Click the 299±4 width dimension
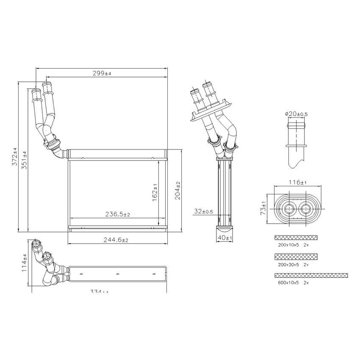point(102,73)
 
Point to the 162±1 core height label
point(155,191)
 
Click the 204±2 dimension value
point(178,190)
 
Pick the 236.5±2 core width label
point(117,214)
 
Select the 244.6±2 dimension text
point(116,239)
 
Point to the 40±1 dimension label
point(225,238)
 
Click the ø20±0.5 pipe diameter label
point(296,114)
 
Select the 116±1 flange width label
point(297,183)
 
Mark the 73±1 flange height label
point(263,209)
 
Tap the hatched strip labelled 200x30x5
point(296,257)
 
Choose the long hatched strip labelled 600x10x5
point(311,275)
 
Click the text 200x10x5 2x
point(292,245)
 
